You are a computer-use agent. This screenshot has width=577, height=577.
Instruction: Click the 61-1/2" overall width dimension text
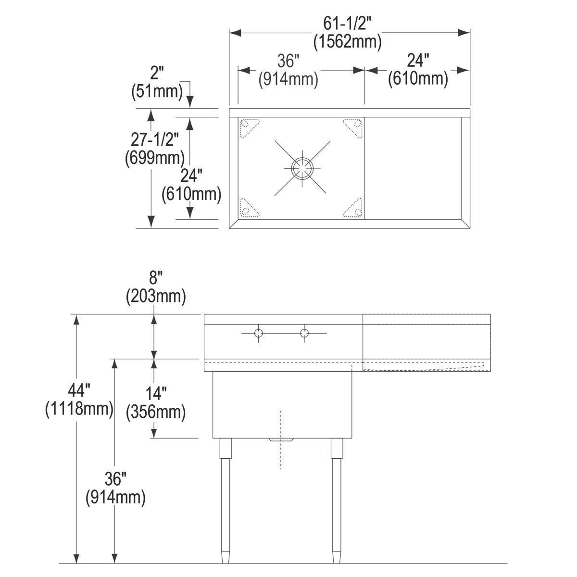click(x=347, y=24)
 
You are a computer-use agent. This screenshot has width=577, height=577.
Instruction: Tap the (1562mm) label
click(x=347, y=42)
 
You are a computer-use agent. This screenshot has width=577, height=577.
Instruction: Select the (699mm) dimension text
click(x=154, y=158)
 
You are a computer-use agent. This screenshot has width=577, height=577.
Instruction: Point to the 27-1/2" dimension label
click(x=155, y=139)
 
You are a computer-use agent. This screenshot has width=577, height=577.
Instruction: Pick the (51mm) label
click(x=157, y=91)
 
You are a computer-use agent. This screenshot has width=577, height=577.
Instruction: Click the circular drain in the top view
click(x=302, y=168)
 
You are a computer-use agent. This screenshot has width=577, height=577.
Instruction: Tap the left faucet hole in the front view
click(x=259, y=333)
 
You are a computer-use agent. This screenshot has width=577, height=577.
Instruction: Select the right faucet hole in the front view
click(x=304, y=333)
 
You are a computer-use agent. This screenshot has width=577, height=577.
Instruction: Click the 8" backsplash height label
click(x=153, y=277)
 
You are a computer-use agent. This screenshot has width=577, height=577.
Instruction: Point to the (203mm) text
click(x=156, y=297)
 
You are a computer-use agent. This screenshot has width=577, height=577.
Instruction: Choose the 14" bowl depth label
click(x=156, y=393)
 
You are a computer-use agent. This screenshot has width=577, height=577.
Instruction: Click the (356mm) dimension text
click(x=156, y=412)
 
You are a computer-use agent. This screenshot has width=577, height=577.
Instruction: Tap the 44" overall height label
click(x=79, y=390)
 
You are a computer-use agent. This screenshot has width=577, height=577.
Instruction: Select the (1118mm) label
click(x=79, y=408)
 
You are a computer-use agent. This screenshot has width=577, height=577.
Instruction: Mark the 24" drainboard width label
click(x=418, y=60)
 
